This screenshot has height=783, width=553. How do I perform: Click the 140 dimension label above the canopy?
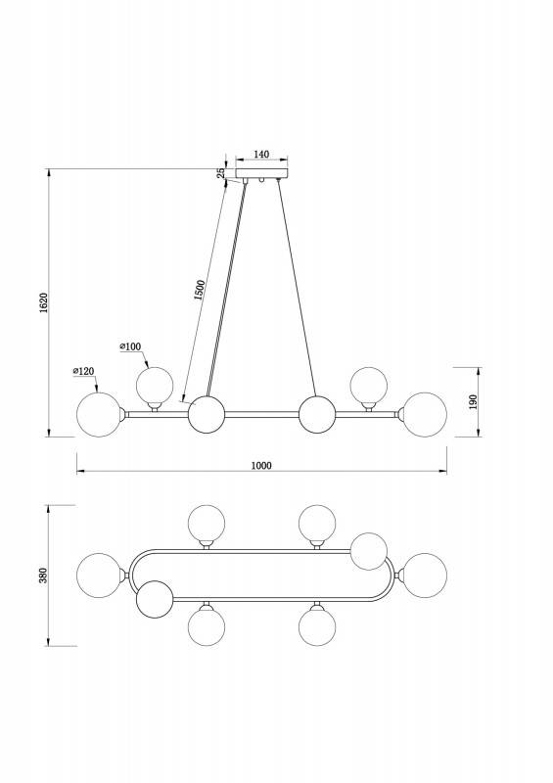[261, 155]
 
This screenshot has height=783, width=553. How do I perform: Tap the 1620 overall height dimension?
[43, 302]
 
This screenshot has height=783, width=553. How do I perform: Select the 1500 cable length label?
[200, 290]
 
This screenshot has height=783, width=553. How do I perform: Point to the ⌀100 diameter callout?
[130, 346]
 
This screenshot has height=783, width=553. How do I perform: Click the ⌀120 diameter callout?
[83, 371]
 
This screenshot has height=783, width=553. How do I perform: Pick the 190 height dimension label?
[474, 401]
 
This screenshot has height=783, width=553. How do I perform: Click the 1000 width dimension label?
[261, 466]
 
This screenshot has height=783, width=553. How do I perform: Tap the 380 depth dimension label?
[43, 576]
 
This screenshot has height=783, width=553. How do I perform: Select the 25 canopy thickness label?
[220, 173]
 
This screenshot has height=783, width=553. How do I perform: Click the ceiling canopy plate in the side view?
[261, 174]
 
